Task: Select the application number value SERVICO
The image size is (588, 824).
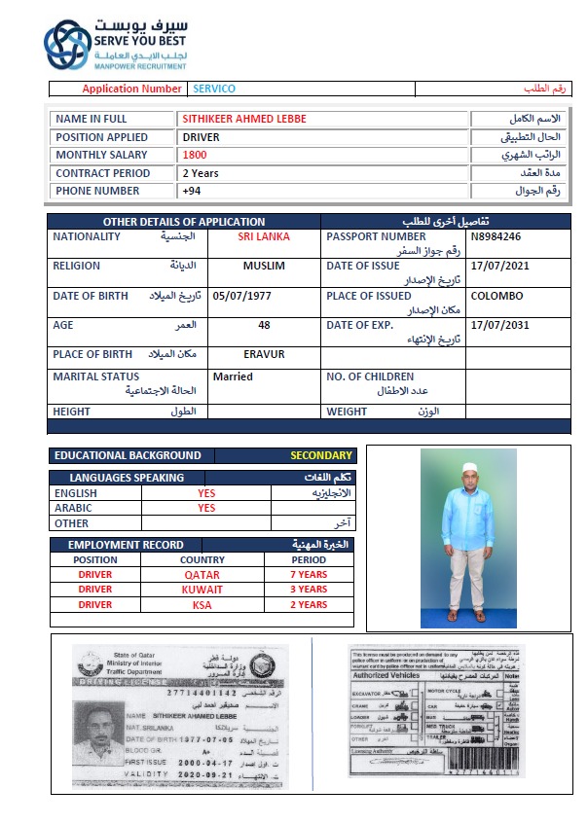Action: [214, 89]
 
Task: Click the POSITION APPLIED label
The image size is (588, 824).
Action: [101, 137]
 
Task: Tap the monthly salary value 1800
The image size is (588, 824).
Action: [195, 155]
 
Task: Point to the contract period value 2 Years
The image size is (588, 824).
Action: [201, 173]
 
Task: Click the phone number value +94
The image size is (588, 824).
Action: [192, 191]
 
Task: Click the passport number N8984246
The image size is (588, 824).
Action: [496, 236]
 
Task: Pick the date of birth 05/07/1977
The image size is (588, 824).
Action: [240, 296]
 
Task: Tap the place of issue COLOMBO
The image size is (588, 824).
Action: [496, 296]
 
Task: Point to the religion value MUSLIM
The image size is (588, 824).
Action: [264, 266]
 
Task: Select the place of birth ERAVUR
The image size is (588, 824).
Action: [264, 354]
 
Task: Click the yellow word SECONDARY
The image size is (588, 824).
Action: [320, 455]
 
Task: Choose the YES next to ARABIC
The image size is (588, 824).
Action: [206, 508]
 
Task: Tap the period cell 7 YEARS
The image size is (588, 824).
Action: [310, 574]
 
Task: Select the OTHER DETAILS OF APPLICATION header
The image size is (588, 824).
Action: [184, 222]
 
